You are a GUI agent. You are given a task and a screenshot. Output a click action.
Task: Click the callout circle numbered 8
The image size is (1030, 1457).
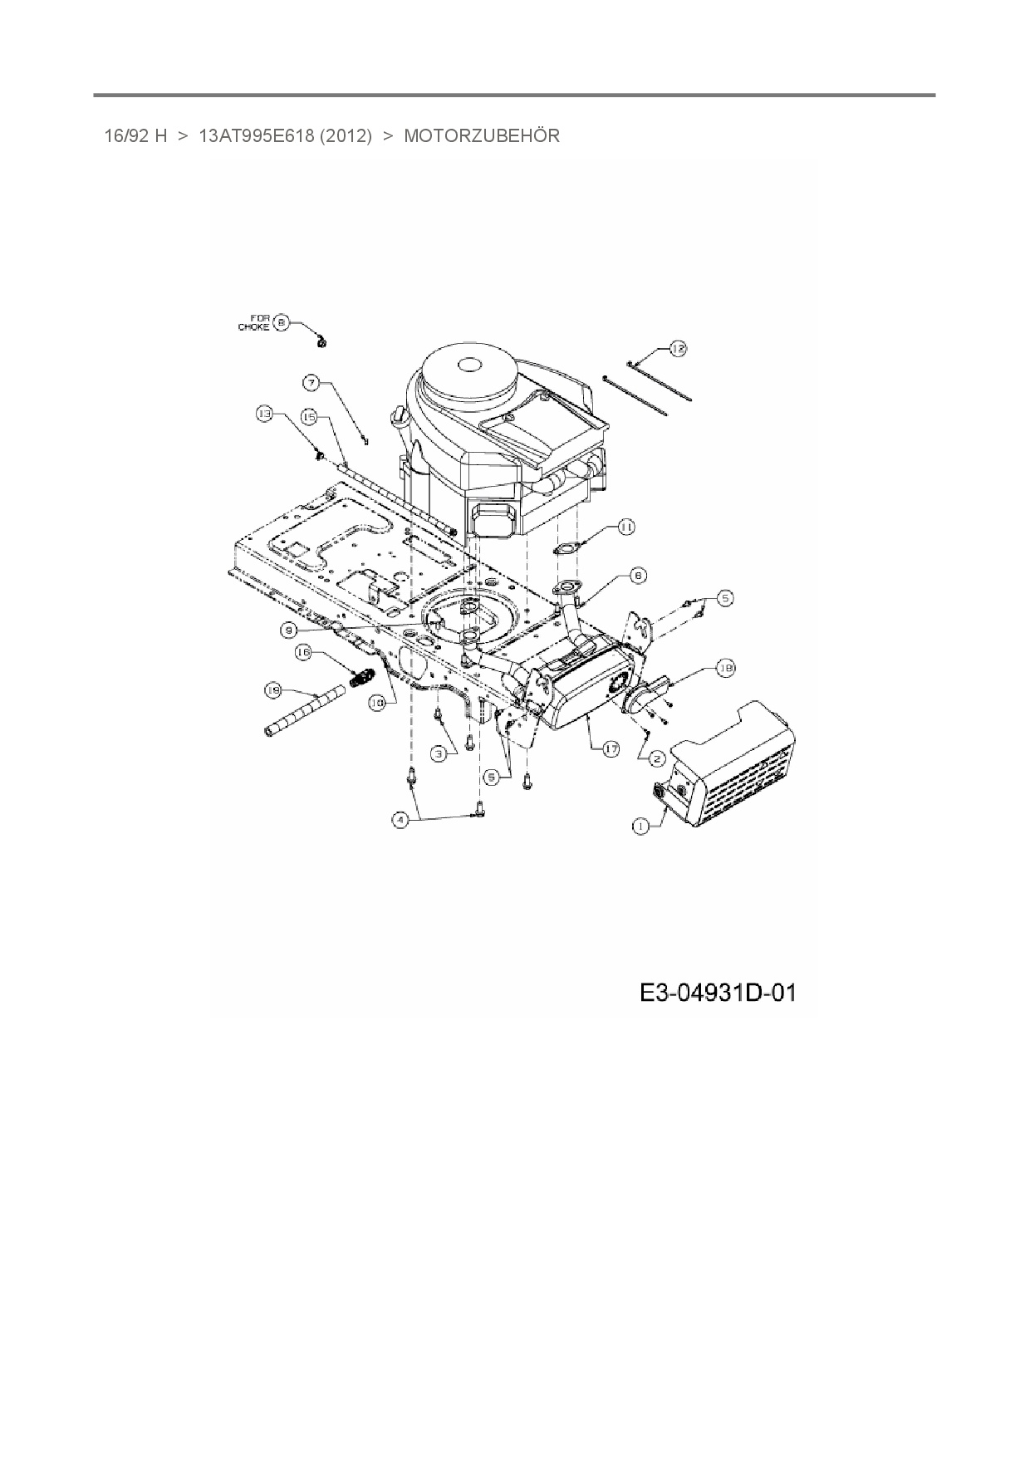282,321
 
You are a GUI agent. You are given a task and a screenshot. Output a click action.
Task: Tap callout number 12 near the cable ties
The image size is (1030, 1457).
679,349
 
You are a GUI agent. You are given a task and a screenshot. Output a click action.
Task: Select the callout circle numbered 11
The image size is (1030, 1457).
626,527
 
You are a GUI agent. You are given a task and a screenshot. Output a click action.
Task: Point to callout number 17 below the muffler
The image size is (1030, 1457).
611,748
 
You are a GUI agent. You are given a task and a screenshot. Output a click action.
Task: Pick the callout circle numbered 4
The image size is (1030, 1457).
401,820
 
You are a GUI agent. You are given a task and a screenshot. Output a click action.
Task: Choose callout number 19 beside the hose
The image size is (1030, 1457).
272,689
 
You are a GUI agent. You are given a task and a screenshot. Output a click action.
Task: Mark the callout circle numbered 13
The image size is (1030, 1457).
265,412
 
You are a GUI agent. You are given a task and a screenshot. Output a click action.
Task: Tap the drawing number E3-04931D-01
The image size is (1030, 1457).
718,992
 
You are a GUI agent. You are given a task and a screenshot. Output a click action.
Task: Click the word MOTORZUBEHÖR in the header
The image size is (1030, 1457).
482,135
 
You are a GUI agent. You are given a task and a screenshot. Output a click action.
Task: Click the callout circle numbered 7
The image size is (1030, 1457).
311,383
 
